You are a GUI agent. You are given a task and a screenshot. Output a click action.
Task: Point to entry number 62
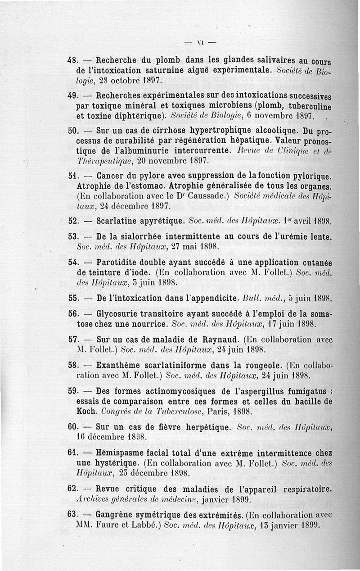click(73, 489)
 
